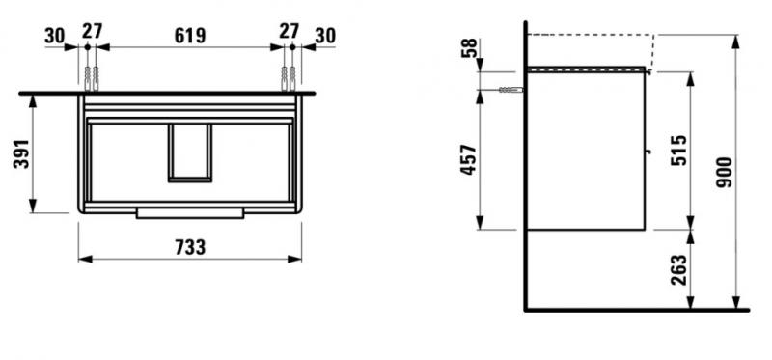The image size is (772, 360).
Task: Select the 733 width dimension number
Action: click(x=190, y=247)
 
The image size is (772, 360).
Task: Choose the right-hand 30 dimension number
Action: click(x=325, y=36)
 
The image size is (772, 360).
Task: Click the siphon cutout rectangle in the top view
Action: click(x=190, y=152)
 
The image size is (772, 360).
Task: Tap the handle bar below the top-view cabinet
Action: click(x=190, y=212)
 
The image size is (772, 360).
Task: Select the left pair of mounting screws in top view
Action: click(x=91, y=76)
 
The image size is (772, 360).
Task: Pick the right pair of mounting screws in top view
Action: click(x=289, y=76)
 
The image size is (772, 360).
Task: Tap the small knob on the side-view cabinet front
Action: click(x=648, y=151)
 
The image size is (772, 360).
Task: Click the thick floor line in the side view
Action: click(x=637, y=311)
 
